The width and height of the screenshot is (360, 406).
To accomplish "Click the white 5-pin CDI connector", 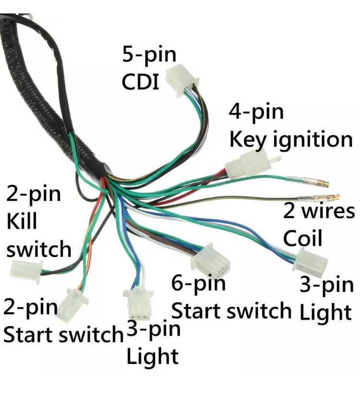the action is tap(182, 79).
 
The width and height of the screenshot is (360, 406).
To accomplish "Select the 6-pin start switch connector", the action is tap(210, 260).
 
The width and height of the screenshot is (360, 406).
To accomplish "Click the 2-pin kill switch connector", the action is tap(26, 271).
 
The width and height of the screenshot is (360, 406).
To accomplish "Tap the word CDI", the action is tap(140, 82).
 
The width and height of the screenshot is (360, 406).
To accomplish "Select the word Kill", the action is tap(22, 221).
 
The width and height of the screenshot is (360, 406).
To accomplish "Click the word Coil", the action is tap(302, 238).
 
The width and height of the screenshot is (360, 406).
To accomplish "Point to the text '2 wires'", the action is tap(319, 211).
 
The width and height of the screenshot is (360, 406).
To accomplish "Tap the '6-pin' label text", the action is tap(198, 284).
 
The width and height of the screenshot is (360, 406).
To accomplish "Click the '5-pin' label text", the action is tap(149, 55).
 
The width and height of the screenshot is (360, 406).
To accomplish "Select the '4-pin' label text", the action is tap(256, 112).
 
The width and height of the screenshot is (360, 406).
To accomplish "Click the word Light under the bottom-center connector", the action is tap(152, 357).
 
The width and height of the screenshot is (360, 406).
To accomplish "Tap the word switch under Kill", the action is tap(39, 248).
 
